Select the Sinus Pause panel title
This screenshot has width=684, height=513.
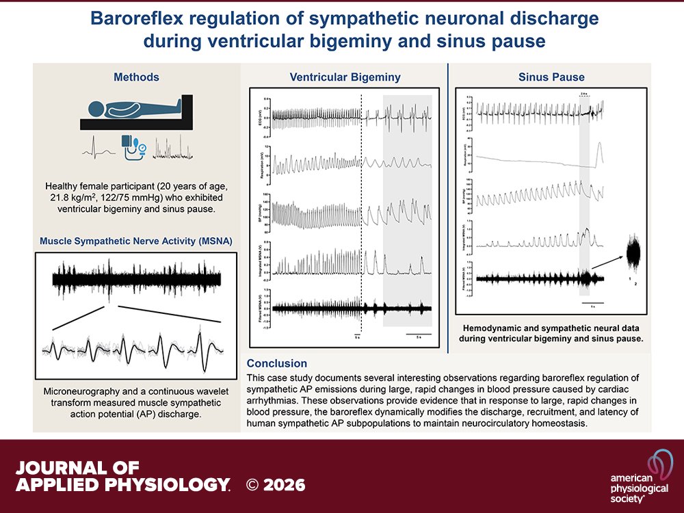click(551, 76)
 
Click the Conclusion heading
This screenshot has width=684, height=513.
click(277, 364)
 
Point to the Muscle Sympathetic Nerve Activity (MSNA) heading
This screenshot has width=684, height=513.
click(135, 241)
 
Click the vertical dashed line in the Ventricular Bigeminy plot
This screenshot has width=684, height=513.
click(360, 212)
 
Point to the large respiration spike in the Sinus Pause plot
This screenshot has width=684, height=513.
click(600, 153)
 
